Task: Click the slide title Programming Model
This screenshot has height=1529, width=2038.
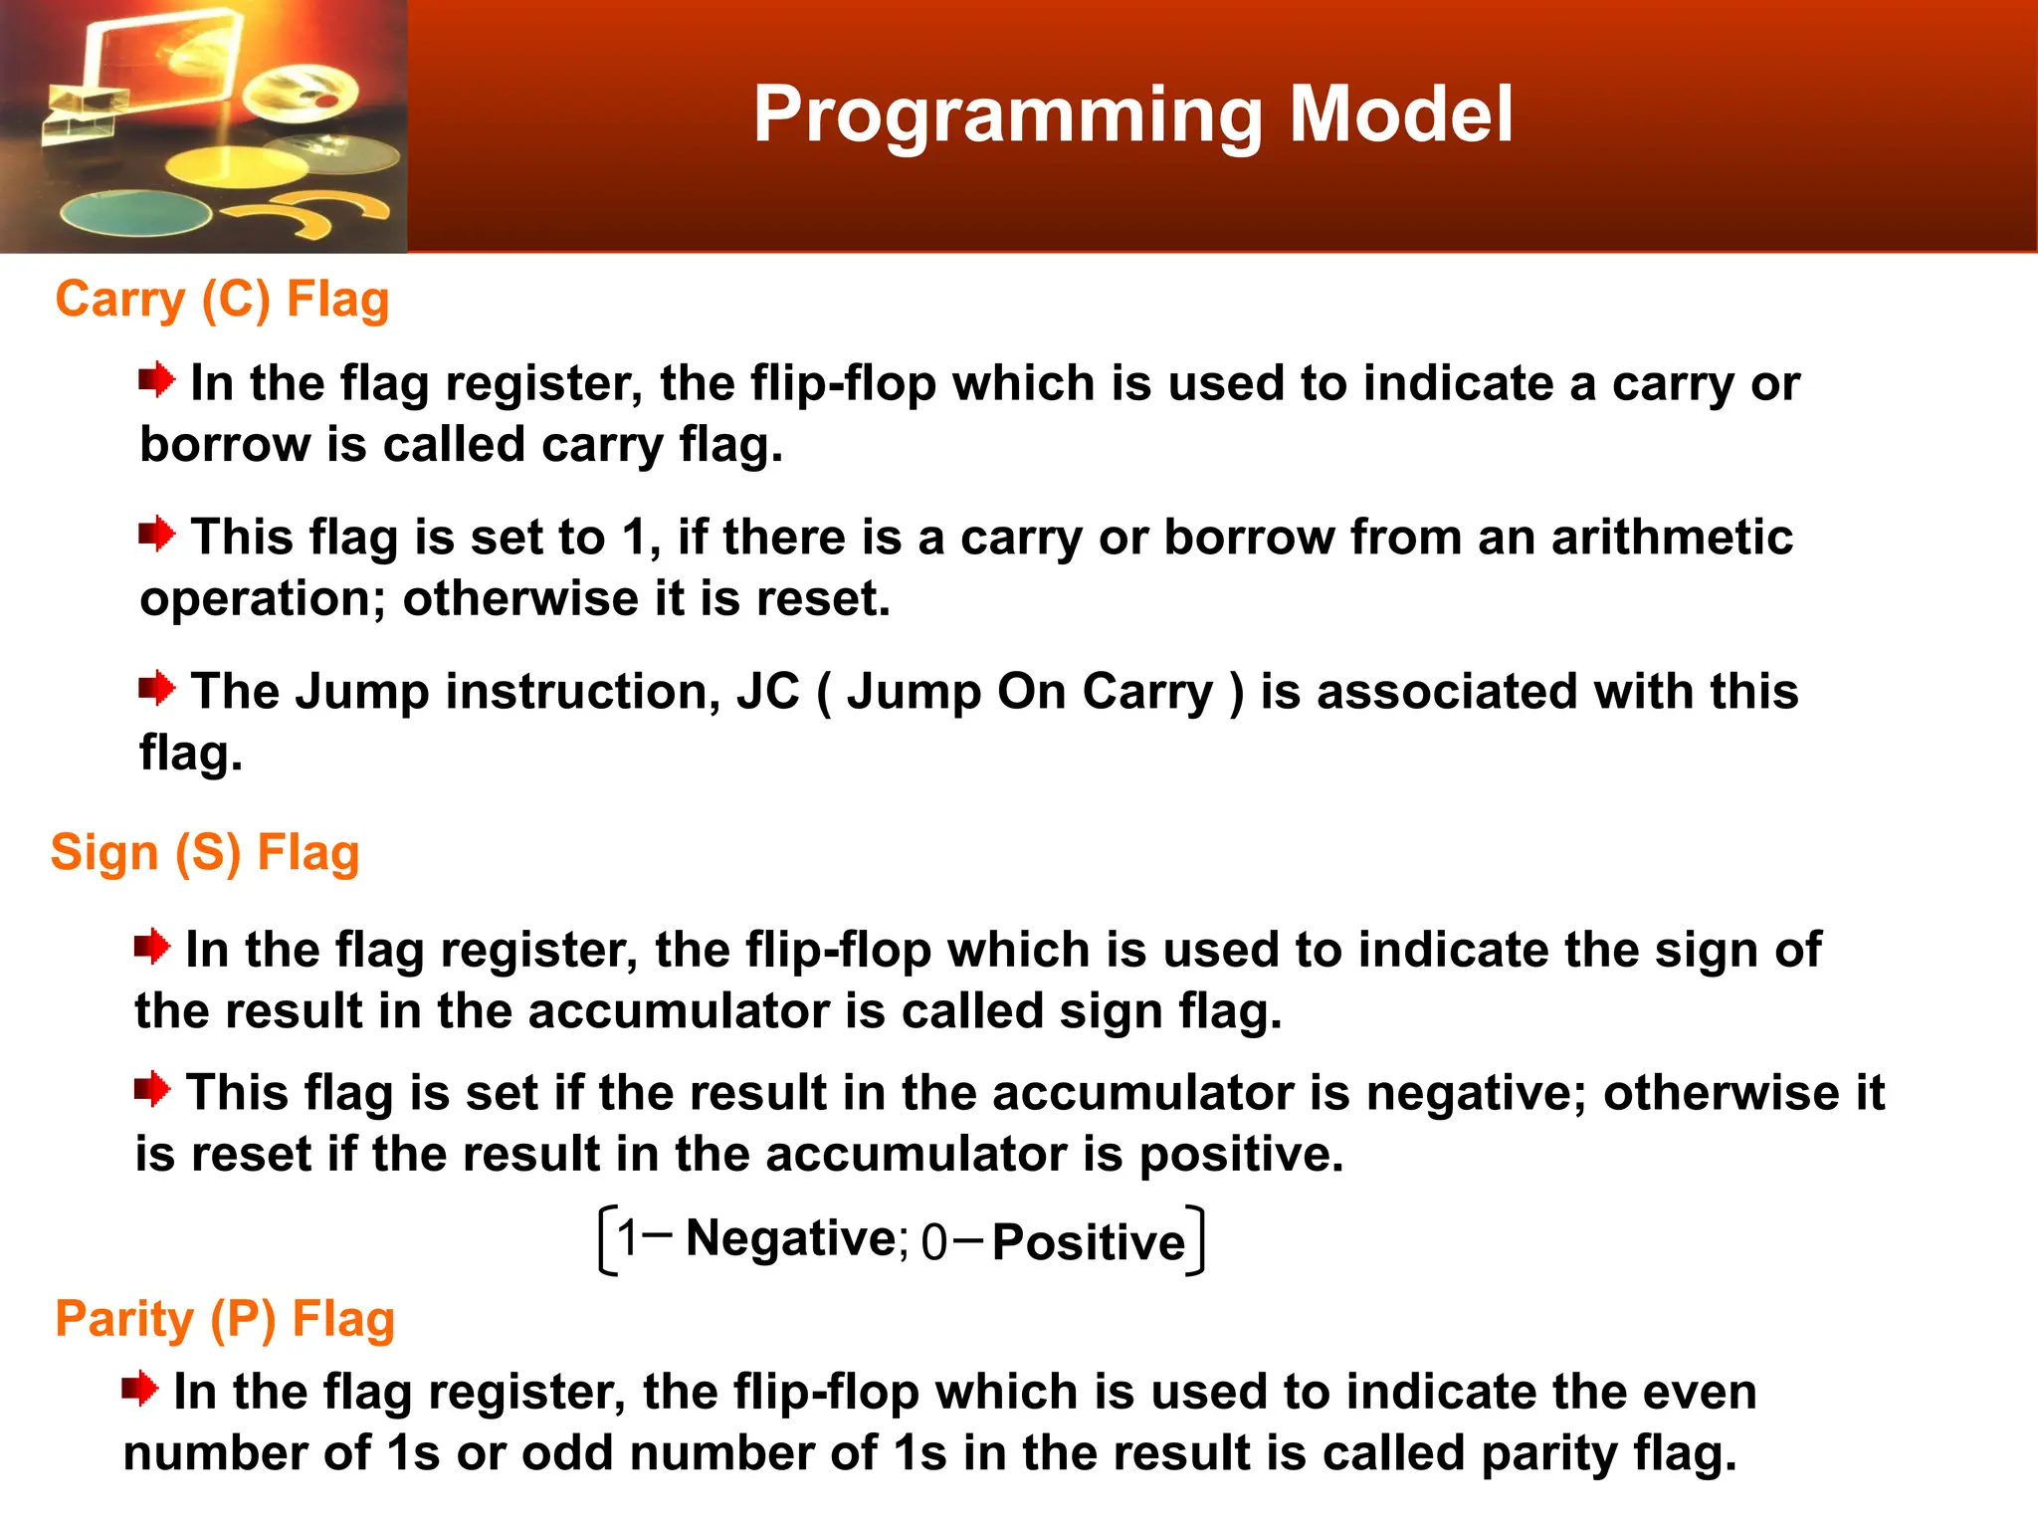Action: [1132, 115]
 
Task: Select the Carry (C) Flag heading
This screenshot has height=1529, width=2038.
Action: [222, 300]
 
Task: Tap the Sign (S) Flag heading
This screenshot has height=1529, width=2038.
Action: [205, 853]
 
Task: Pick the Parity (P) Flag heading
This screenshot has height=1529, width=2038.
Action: [225, 1319]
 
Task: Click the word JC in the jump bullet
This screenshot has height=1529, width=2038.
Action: [767, 691]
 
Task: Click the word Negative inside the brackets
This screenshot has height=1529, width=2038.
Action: [791, 1239]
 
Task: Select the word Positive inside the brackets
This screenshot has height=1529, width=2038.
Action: [1089, 1242]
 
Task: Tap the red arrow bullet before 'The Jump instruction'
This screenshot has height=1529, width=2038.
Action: [156, 687]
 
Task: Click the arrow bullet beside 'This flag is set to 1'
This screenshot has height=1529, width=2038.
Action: [156, 534]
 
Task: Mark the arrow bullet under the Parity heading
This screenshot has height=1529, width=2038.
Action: [139, 1388]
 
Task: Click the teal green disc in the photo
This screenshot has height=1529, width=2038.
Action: [134, 213]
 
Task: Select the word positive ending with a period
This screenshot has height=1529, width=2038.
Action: [1240, 1155]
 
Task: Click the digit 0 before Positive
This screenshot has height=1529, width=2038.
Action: [933, 1243]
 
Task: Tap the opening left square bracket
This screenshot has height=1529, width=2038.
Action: [606, 1239]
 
